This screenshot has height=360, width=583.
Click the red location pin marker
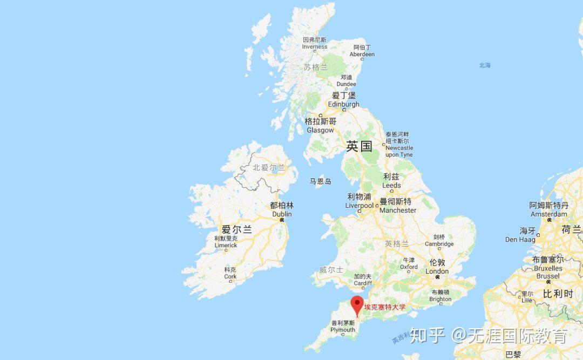click(x=357, y=304)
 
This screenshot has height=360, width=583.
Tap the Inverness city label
click(x=314, y=44)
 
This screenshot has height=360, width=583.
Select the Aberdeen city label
click(x=362, y=51)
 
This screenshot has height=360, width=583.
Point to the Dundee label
click(x=346, y=81)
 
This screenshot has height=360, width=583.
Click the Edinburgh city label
click(x=343, y=100)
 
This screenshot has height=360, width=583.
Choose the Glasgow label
click(x=320, y=126)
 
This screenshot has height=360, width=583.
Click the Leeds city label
click(x=391, y=181)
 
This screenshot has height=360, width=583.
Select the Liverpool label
click(x=360, y=201)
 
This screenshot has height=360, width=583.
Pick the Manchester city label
click(x=397, y=206)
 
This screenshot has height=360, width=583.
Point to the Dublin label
click(x=282, y=210)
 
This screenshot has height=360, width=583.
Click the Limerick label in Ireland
click(x=226, y=242)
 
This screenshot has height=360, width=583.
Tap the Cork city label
click(x=231, y=273)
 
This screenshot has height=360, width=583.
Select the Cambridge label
click(x=439, y=241)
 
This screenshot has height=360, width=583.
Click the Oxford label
click(x=409, y=263)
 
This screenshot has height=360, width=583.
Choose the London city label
click(x=437, y=267)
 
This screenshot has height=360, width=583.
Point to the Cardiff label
click(x=363, y=280)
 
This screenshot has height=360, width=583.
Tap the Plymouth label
click(x=343, y=327)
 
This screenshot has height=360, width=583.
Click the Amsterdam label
click(x=548, y=210)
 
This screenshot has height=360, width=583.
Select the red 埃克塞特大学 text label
click(x=384, y=307)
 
